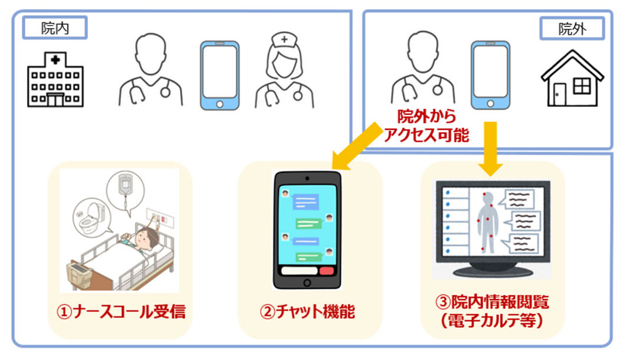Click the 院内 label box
point(55,28)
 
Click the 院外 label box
point(572,29)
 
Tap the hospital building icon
point(55,80)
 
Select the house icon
point(572,79)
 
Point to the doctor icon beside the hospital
point(151,70)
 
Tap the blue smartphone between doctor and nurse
point(220,75)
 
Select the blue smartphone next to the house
point(491,75)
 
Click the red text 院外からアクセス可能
point(426,126)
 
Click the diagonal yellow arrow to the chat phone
point(357,146)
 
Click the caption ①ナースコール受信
point(121,312)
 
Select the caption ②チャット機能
point(307,312)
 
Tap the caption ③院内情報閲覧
point(492,302)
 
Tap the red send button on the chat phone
point(326,271)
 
